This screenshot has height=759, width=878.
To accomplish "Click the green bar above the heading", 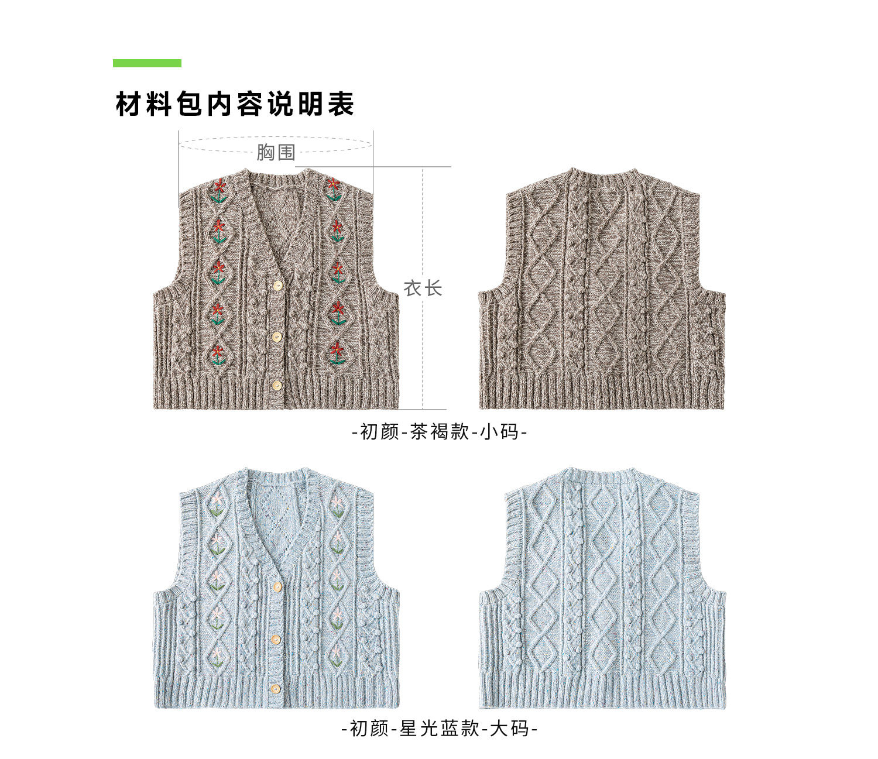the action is (147, 63).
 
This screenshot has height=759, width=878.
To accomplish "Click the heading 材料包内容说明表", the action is (235, 105).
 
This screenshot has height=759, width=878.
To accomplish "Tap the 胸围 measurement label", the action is (276, 152).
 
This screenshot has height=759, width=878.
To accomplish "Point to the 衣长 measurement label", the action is (423, 288).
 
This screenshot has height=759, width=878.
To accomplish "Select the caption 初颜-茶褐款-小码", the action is (440, 432).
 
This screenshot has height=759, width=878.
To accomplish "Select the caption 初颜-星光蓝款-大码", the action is (440, 729).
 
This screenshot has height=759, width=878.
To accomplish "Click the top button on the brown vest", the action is (278, 285).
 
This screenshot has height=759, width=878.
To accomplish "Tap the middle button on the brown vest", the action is (277, 336).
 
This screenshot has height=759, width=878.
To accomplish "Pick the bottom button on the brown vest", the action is (277, 384).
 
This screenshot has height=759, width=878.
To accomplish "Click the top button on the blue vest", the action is (277, 586).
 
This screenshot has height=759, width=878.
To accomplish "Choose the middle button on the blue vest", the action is (276, 638).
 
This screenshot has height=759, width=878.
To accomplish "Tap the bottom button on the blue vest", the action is (276, 687).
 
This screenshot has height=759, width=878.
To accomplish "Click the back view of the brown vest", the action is (602, 290).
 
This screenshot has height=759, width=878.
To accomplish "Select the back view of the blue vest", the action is (602, 588).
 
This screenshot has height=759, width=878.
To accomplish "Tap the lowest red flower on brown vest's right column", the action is (337, 349).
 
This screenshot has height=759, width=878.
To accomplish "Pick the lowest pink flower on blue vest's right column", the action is (337, 650).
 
